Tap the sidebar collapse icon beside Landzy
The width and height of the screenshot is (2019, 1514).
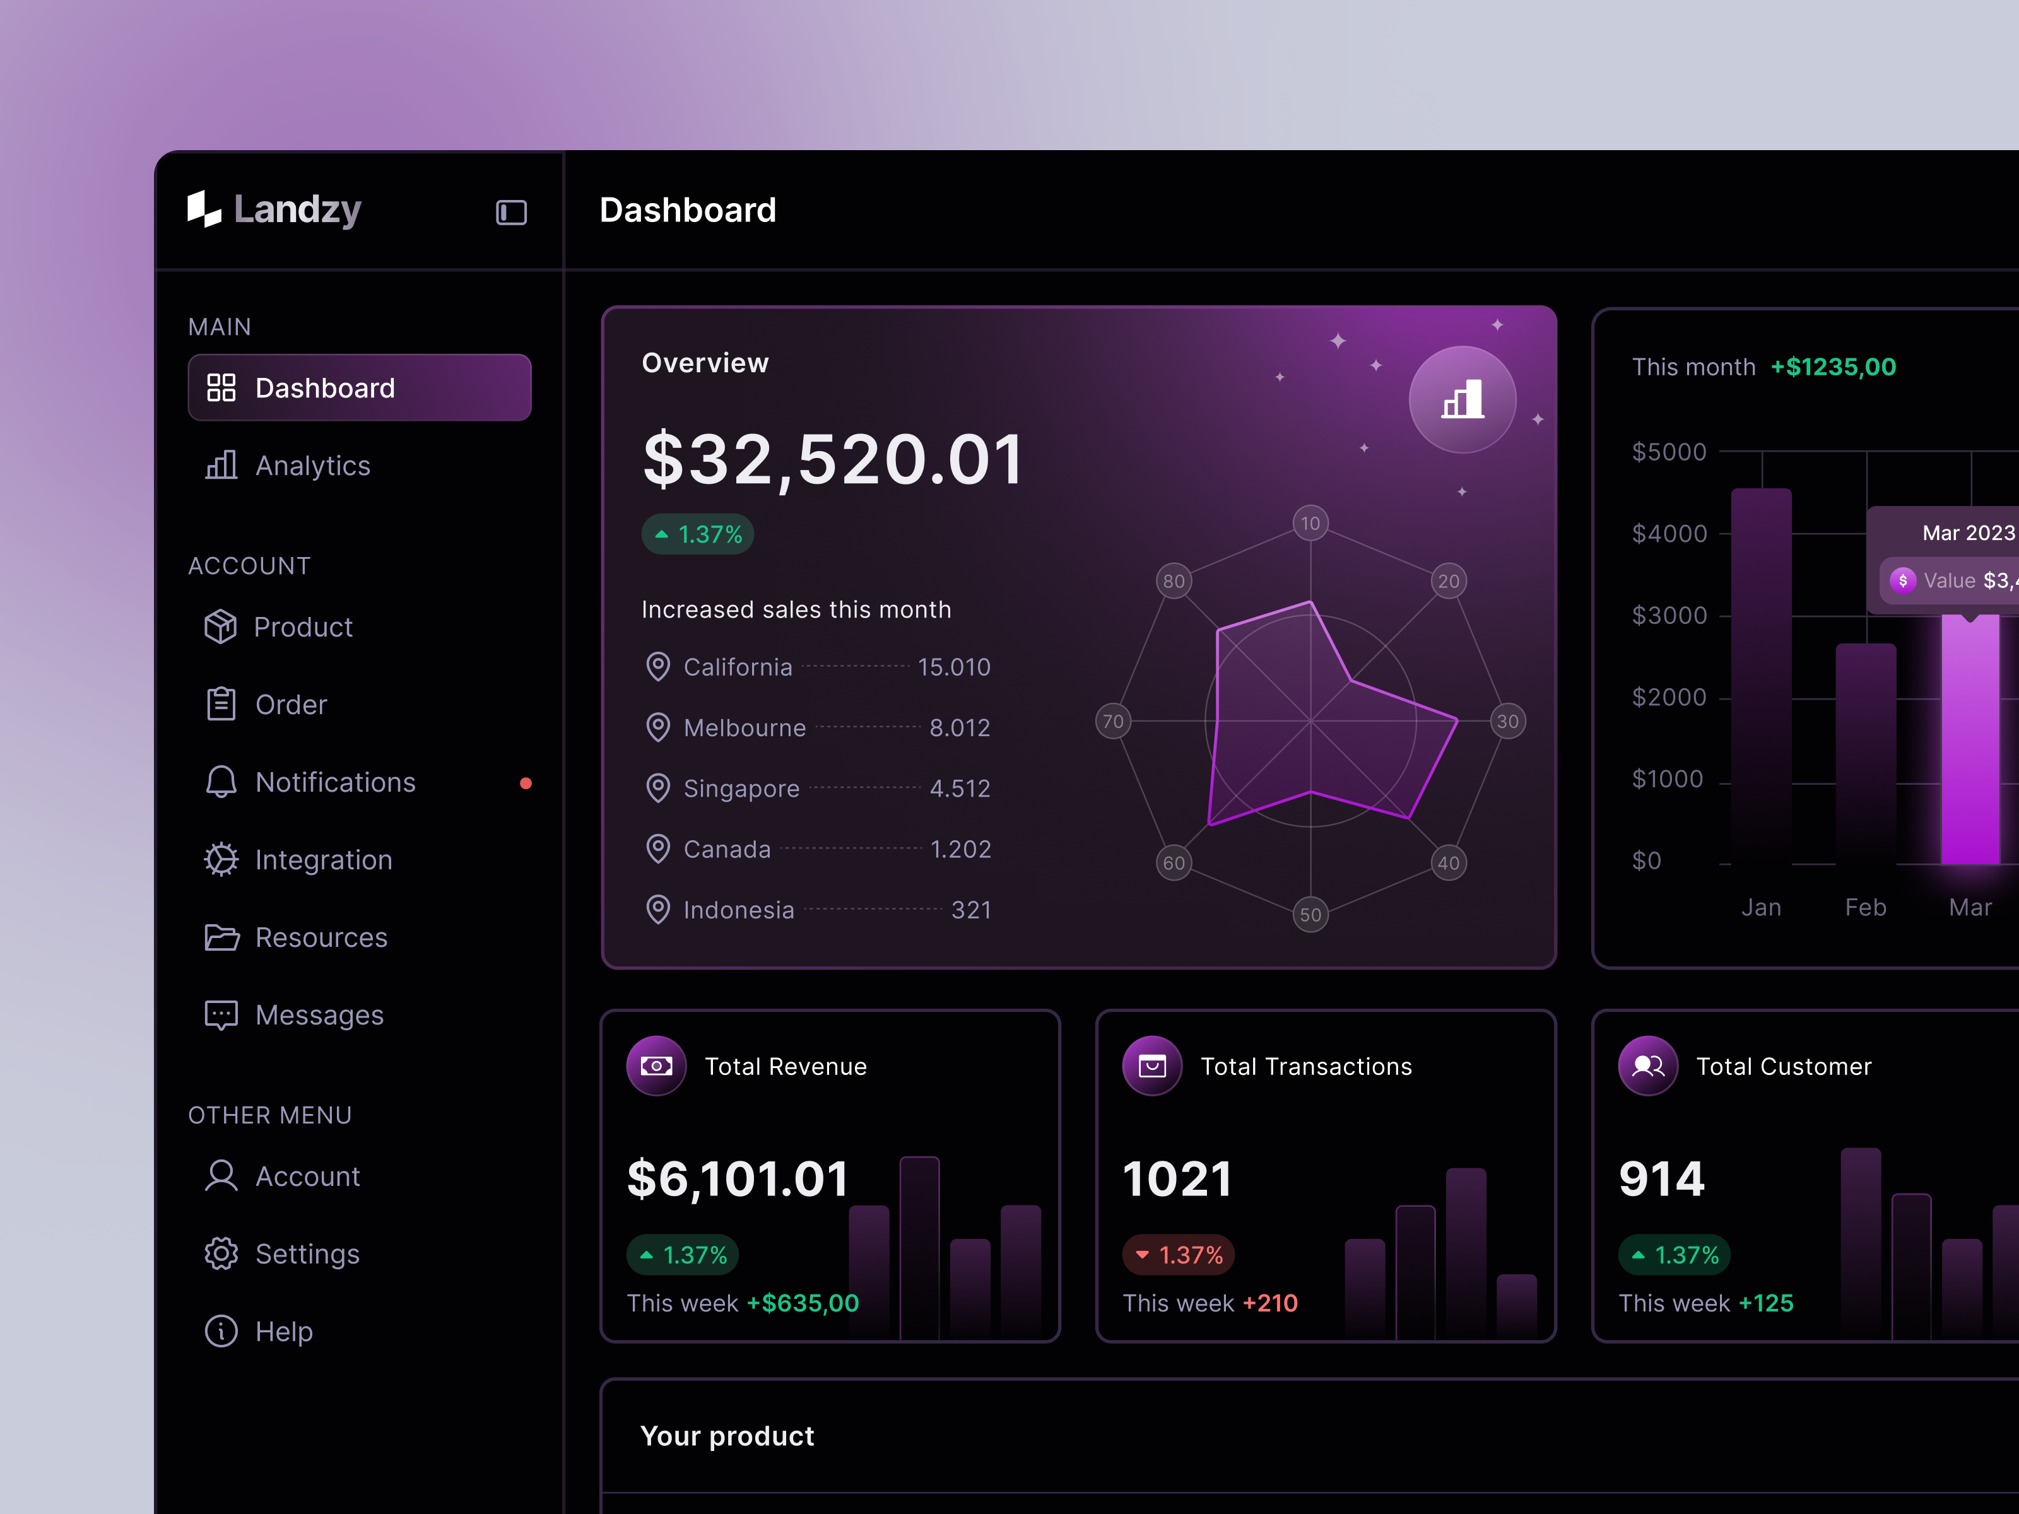pyautogui.click(x=511, y=213)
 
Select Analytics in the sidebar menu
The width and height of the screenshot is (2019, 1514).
pyautogui.click(x=312, y=466)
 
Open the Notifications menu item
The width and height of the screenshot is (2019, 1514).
pyautogui.click(x=335, y=782)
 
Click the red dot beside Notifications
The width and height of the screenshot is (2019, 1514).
pyautogui.click(x=526, y=783)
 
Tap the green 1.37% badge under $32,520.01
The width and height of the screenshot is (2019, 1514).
pyautogui.click(x=698, y=535)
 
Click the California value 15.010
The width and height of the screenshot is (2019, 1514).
pyautogui.click(x=954, y=667)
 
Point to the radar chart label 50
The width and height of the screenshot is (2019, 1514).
pyautogui.click(x=1310, y=915)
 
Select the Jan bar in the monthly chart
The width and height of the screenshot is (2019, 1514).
pyautogui.click(x=1761, y=676)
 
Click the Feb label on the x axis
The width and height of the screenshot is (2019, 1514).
pyautogui.click(x=1866, y=907)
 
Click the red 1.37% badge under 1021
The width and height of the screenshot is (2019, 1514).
pyautogui.click(x=1179, y=1255)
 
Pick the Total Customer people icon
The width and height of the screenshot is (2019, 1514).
pyautogui.click(x=1647, y=1066)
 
